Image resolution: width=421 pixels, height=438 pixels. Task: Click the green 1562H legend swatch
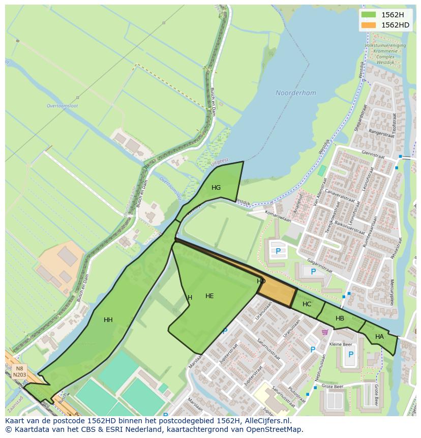369,15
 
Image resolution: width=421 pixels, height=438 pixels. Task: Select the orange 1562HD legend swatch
369,25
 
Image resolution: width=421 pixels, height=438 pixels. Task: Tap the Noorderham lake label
295,93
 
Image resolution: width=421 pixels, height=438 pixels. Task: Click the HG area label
216,188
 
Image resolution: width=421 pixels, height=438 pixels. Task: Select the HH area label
108,320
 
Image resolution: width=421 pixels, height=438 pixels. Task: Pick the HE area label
209,296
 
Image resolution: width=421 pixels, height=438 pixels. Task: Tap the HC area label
307,304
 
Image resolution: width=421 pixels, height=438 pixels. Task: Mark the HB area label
340,318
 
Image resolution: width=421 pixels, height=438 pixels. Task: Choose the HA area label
379,337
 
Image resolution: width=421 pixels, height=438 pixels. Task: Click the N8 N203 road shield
19,371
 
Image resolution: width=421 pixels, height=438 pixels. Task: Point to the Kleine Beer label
341,344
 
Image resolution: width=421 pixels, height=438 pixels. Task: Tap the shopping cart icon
325,333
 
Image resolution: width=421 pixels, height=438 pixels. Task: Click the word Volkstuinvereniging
385,45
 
